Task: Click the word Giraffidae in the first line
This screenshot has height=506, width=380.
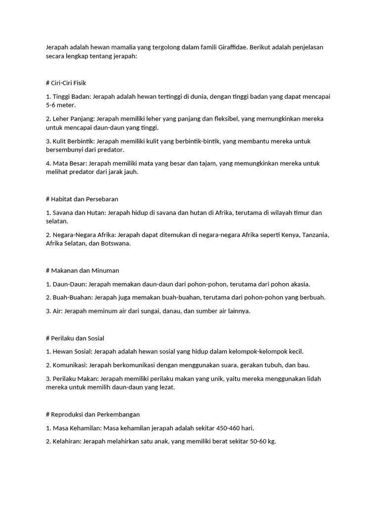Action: [229, 47]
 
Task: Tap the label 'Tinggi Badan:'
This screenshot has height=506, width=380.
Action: [71, 96]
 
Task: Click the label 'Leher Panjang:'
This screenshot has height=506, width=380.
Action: [74, 119]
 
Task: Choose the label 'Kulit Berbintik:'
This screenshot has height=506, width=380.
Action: [74, 141]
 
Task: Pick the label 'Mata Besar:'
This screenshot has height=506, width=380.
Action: [70, 163]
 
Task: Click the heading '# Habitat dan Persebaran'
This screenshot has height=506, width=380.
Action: [82, 199]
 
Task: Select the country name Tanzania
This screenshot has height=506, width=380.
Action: [316, 235]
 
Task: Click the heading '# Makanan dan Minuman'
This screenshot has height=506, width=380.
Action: [82, 271]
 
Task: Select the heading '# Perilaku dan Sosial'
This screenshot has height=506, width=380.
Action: [75, 338]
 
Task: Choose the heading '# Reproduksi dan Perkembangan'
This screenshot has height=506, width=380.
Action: [93, 415]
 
